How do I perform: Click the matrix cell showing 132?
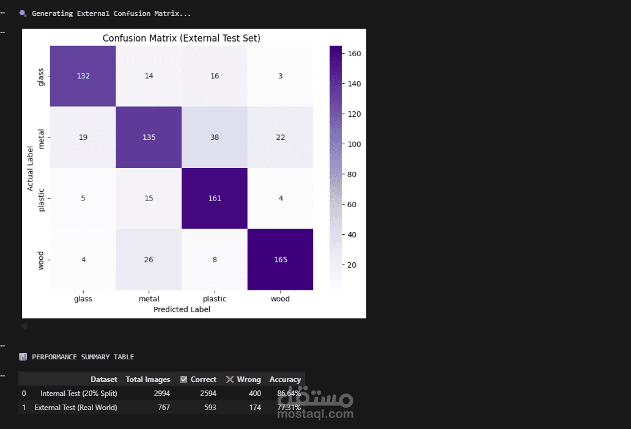click(x=83, y=76)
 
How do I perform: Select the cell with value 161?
click(x=215, y=198)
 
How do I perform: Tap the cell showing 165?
click(x=280, y=259)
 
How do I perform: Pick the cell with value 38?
click(x=215, y=137)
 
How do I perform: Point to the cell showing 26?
click(x=149, y=259)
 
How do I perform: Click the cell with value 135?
click(x=149, y=137)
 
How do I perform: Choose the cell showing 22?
click(x=280, y=137)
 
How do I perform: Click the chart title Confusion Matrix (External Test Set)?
click(x=182, y=38)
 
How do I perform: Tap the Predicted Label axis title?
click(x=182, y=309)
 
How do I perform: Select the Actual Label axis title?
click(x=31, y=168)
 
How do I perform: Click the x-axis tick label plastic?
click(x=215, y=299)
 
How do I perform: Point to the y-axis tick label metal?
click(x=42, y=137)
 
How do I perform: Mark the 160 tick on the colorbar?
click(x=355, y=54)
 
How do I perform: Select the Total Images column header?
click(x=148, y=380)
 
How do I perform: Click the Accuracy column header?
click(x=285, y=380)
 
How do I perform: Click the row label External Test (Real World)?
click(x=76, y=408)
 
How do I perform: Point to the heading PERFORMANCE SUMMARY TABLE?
click(x=83, y=357)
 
